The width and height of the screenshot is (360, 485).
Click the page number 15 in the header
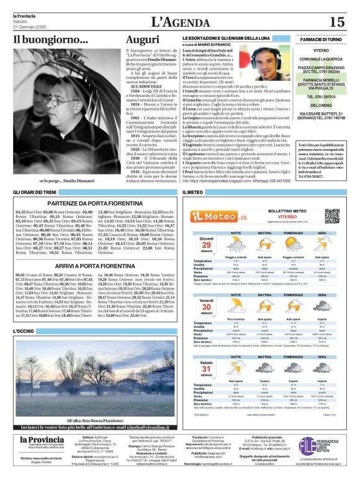(x=337, y=22)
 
